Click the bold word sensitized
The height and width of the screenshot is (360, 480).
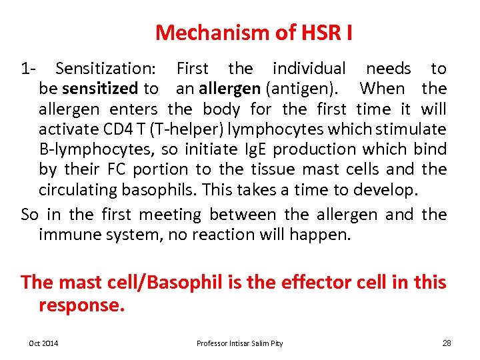click(100, 88)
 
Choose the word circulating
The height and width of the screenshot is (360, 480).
click(78, 189)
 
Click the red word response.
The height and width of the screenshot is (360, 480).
click(81, 305)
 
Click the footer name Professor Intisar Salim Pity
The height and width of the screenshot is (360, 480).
click(239, 343)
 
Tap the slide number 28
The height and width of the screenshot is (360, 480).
click(447, 343)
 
